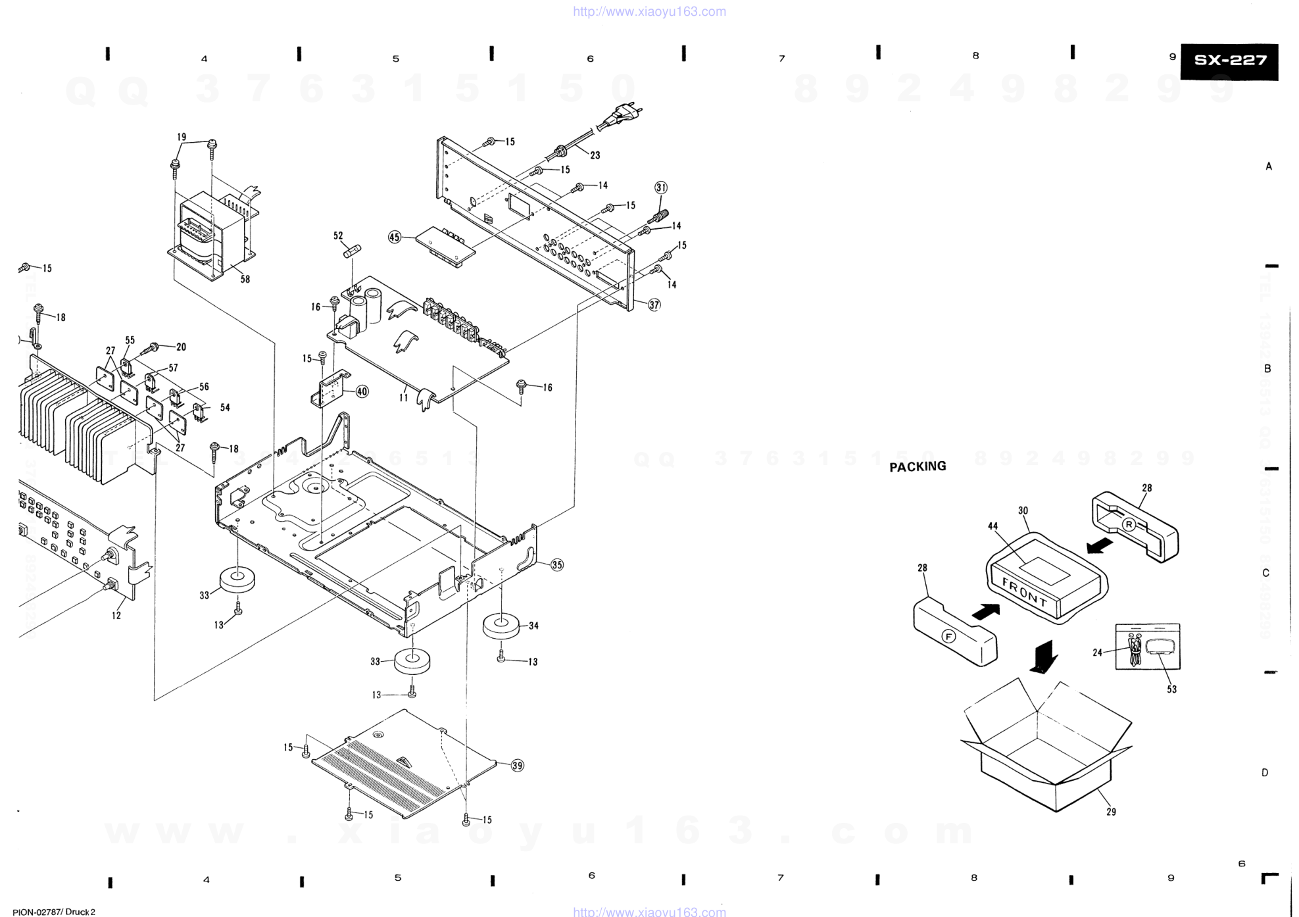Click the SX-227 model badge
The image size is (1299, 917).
[x=1229, y=61]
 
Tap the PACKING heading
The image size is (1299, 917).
[x=918, y=466]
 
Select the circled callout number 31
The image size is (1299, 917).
[x=660, y=187]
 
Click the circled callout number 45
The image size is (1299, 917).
[x=395, y=237]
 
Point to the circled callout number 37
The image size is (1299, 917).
[x=654, y=305]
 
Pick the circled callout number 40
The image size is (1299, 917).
[x=362, y=391]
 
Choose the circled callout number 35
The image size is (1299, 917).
[x=557, y=564]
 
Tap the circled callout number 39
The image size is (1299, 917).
[x=518, y=765]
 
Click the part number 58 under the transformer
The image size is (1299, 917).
[x=245, y=279]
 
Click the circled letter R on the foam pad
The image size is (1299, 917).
[x=1129, y=524]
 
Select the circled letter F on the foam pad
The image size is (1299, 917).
[x=948, y=636]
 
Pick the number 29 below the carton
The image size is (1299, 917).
[x=1111, y=812]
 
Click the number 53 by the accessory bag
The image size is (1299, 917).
[x=1171, y=689]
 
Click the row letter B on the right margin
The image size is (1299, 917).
[x=1267, y=368]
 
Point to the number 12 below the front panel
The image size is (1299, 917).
[x=116, y=616]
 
